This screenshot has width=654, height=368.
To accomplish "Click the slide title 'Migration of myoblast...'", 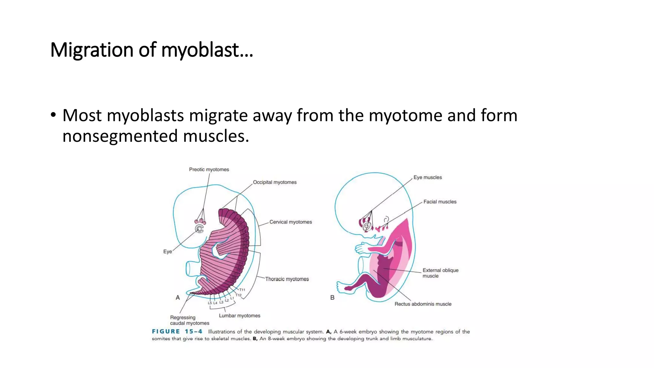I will pos(152,50).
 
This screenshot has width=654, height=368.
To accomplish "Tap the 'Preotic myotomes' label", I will pos(209,170).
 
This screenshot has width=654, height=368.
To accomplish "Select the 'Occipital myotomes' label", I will pos(275,182).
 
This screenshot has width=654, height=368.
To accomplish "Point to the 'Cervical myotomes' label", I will pos(291,222).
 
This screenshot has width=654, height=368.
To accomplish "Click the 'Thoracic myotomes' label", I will pos(287,279).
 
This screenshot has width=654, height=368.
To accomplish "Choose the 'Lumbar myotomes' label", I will pos(240,316).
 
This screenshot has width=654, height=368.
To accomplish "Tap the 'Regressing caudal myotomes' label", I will pos(189,320).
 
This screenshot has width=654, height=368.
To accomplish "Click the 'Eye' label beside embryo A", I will pos(167,252).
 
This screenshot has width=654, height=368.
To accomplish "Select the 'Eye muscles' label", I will pos(428,178).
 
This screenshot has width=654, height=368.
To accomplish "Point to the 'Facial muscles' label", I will pos(440,202).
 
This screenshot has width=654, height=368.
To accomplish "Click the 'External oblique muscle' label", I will pos(440,273).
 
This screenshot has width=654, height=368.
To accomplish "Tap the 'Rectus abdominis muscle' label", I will pos(423,304).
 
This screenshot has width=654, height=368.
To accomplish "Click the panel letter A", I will pos(178,298).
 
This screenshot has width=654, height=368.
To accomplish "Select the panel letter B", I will pos(332,298).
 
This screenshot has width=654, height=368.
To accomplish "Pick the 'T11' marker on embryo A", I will pos(242,290).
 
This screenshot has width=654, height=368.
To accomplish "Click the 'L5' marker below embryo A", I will pos(210,303).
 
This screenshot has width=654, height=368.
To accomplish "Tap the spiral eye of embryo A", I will pos(199,229).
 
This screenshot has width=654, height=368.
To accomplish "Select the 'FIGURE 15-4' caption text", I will pos(177,332).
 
